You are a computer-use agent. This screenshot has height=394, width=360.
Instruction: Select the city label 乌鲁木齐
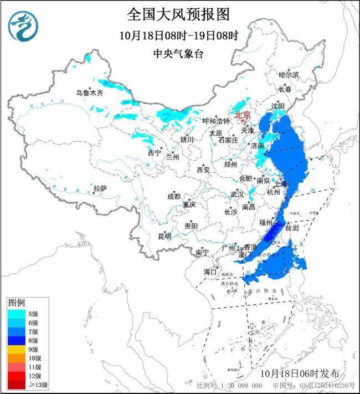(x=89, y=93)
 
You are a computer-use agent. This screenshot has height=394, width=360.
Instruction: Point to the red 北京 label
(x=243, y=115)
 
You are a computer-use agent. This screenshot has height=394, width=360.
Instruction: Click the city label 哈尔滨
(x=289, y=74)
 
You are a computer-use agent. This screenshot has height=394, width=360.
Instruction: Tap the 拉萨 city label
(x=100, y=188)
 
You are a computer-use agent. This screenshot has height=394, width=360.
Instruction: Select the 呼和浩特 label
(x=215, y=121)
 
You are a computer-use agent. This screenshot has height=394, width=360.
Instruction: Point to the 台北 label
(x=291, y=227)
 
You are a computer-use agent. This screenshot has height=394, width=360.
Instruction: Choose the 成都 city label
(x=174, y=196)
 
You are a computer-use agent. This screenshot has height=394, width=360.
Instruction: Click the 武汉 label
(x=237, y=194)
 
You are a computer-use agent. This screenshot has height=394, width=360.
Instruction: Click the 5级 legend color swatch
(x=17, y=313)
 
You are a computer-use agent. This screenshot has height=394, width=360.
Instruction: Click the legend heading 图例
(x=16, y=303)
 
